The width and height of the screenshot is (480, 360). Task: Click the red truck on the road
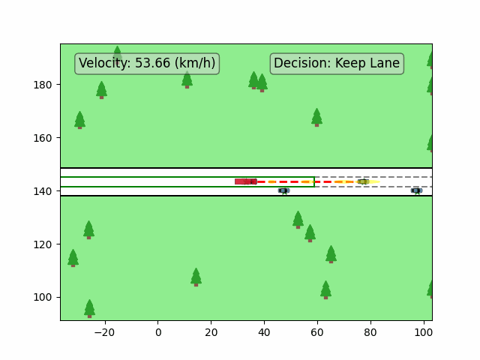pos(245,181)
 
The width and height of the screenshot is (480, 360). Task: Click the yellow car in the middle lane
pos(363,181)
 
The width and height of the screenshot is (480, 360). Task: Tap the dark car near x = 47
pos(283,190)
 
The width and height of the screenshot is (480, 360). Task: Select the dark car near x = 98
pos(416,190)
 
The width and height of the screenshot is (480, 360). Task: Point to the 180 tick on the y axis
pos(43,85)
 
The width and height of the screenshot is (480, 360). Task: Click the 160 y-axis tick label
pos(43,138)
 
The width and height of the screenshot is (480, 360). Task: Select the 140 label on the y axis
pos(43,191)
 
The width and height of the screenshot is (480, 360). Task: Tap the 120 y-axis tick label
pos(43,244)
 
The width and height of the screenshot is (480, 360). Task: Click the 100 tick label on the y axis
pos(43,297)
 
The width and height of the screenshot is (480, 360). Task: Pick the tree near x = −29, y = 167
pos(79,120)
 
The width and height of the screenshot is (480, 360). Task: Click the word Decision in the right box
pos(301,64)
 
